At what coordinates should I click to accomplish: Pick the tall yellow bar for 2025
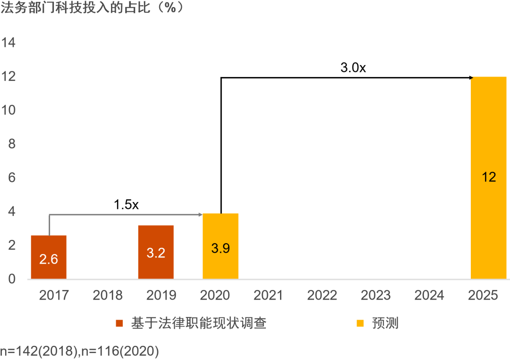point(489,142)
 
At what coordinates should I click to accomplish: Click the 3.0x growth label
point(353,68)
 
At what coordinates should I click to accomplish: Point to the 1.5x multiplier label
point(127,205)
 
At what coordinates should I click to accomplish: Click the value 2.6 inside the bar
point(49,259)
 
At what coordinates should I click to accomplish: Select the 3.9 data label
point(221,249)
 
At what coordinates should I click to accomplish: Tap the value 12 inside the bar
point(489,178)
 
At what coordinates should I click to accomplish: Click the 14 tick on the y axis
point(9,43)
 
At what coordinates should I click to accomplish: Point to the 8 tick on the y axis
point(12,144)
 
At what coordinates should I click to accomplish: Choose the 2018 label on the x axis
point(108,296)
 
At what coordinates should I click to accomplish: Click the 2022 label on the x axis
point(322,296)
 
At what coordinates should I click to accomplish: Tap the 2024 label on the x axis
point(429,296)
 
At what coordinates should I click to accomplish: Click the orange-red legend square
point(119,324)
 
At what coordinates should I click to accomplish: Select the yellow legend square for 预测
point(360,324)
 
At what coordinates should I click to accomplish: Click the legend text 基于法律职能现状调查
point(199,323)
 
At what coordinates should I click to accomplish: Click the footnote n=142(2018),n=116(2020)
point(79,351)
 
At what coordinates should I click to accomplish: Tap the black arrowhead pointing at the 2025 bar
point(470,77)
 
